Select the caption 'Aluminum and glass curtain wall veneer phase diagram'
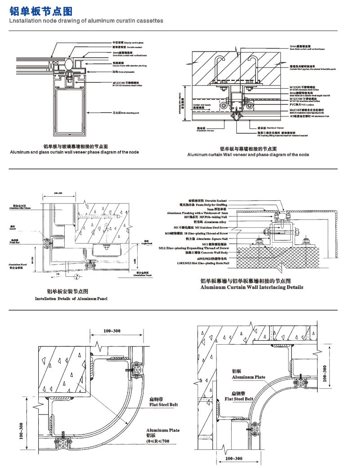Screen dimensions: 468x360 click(x=74, y=152)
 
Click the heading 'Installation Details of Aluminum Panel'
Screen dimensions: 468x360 click(x=71, y=299)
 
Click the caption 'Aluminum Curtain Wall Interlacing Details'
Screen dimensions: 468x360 click(x=252, y=287)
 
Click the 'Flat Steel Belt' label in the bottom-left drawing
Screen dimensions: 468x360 click(x=163, y=405)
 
